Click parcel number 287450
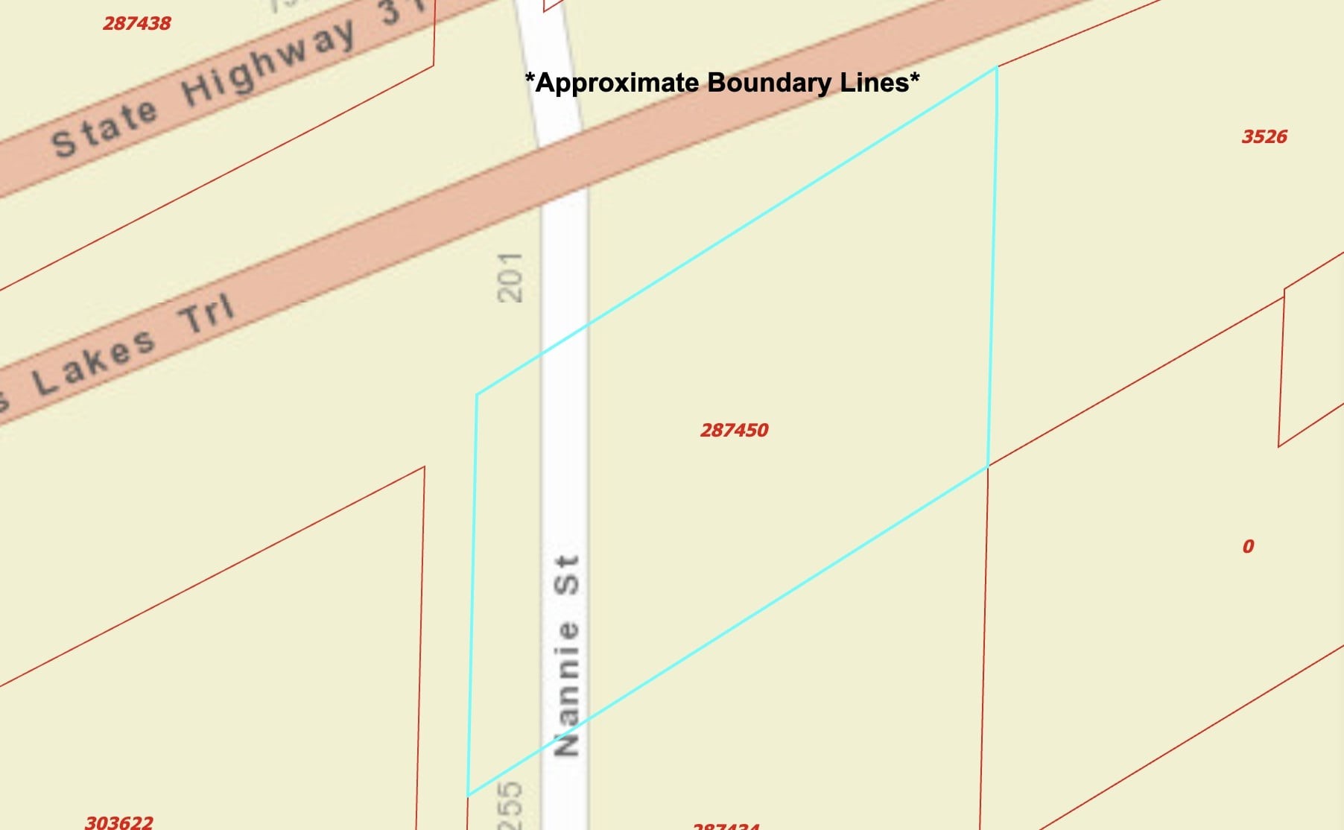click(734, 430)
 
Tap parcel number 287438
click(137, 23)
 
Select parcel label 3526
click(1264, 136)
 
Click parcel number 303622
click(119, 823)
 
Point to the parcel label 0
click(1249, 546)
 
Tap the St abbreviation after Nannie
click(567, 574)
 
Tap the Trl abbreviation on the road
click(206, 314)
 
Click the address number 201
click(510, 277)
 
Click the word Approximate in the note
click(614, 82)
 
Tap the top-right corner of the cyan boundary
click(997, 68)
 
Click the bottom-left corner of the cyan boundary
click(468, 796)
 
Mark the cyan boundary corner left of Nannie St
click(477, 394)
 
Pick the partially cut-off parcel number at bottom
click(726, 826)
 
